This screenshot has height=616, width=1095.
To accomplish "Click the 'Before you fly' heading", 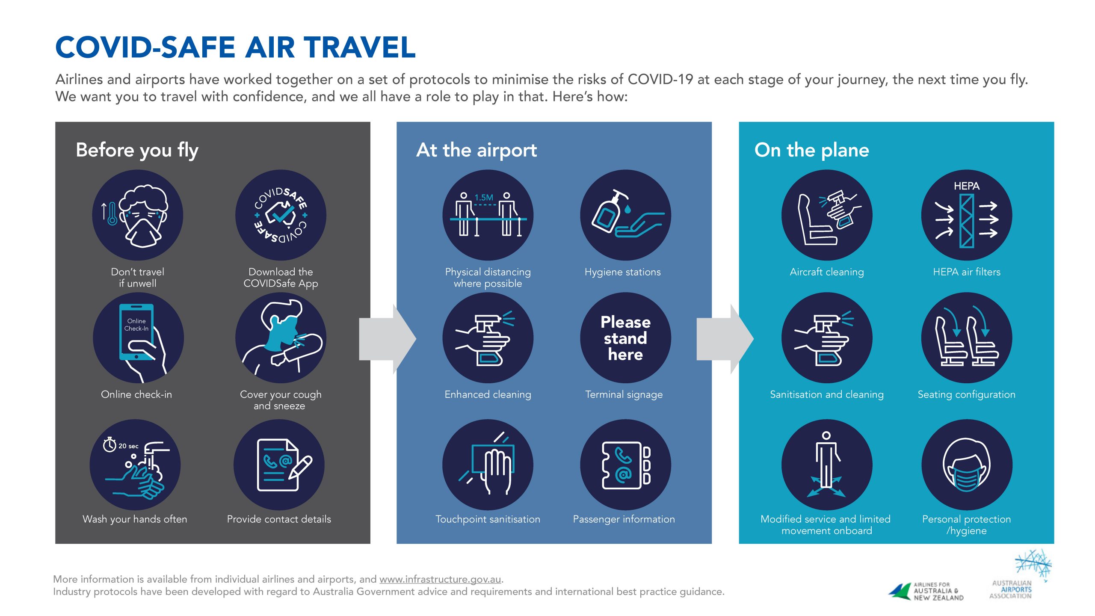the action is pos(137,151).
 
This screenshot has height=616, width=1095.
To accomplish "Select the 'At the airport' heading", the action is pos(476,150).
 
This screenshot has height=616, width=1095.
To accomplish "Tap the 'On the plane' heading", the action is pos(812,150).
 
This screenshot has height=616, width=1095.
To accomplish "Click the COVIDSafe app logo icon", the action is pos(281,215).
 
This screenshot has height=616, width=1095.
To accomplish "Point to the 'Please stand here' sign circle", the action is pos(625,338).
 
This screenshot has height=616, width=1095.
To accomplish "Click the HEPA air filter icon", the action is pos(967,215).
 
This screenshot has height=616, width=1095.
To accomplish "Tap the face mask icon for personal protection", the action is pos(967,465).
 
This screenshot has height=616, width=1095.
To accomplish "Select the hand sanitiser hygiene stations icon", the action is pos(625,215).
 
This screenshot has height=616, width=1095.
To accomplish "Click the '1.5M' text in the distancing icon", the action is pos(484,198).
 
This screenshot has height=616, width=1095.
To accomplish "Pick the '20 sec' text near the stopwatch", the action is pos(128,446).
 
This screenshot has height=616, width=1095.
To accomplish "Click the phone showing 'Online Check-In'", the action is pos(136,332).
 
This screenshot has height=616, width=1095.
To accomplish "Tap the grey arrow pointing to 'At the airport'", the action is pos(388,339).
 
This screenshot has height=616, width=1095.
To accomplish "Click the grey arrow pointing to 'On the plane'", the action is pos(725,339).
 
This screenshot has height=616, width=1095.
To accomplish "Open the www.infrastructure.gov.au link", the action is pos(440,579).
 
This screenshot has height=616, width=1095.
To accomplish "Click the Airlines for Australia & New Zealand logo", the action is pos(926,592).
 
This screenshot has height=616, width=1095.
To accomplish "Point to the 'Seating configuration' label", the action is pos(967,395).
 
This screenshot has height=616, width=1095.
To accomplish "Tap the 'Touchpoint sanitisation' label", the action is pos(488,519).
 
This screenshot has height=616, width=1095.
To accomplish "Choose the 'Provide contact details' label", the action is pos(279,519).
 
